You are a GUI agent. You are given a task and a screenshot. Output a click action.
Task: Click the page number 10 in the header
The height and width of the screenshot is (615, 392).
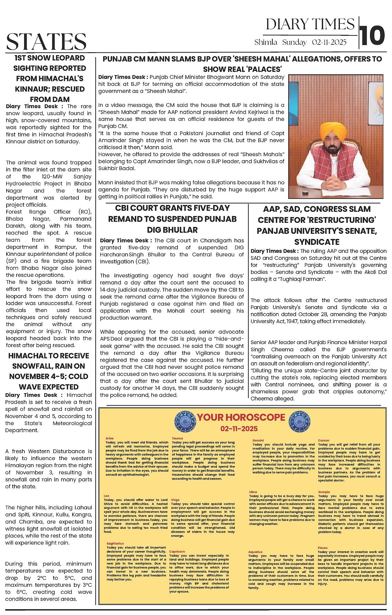(x=372, y=35)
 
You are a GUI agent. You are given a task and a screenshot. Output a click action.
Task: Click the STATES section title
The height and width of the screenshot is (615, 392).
(x=46, y=42)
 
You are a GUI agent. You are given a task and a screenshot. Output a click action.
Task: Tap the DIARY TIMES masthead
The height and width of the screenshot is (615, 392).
(x=310, y=25)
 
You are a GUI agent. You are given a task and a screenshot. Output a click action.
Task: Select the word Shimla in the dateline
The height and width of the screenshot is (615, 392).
(x=265, y=42)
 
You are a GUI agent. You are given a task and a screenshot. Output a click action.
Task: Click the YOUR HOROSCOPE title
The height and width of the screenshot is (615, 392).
(x=241, y=417)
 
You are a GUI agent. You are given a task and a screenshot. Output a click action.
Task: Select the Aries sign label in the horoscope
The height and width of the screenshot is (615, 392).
(x=109, y=438)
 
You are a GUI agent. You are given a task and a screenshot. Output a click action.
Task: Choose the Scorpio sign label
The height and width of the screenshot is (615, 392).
(x=324, y=492)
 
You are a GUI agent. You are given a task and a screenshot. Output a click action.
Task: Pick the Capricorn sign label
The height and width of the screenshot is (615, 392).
(x=177, y=551)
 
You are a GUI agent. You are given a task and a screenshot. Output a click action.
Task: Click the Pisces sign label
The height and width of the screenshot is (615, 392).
(x=323, y=548)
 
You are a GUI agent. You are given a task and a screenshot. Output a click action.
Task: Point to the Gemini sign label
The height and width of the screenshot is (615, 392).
(x=258, y=440)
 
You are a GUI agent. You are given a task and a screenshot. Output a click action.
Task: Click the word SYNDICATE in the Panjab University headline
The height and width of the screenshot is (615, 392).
(x=317, y=242)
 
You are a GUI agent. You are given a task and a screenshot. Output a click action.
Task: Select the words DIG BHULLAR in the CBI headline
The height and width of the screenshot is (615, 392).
(x=172, y=230)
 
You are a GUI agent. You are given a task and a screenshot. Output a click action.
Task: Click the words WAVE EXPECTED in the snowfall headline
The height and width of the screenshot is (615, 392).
(x=49, y=387)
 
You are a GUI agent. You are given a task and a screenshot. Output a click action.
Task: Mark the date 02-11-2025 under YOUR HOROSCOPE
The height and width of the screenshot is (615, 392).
(x=239, y=429)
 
